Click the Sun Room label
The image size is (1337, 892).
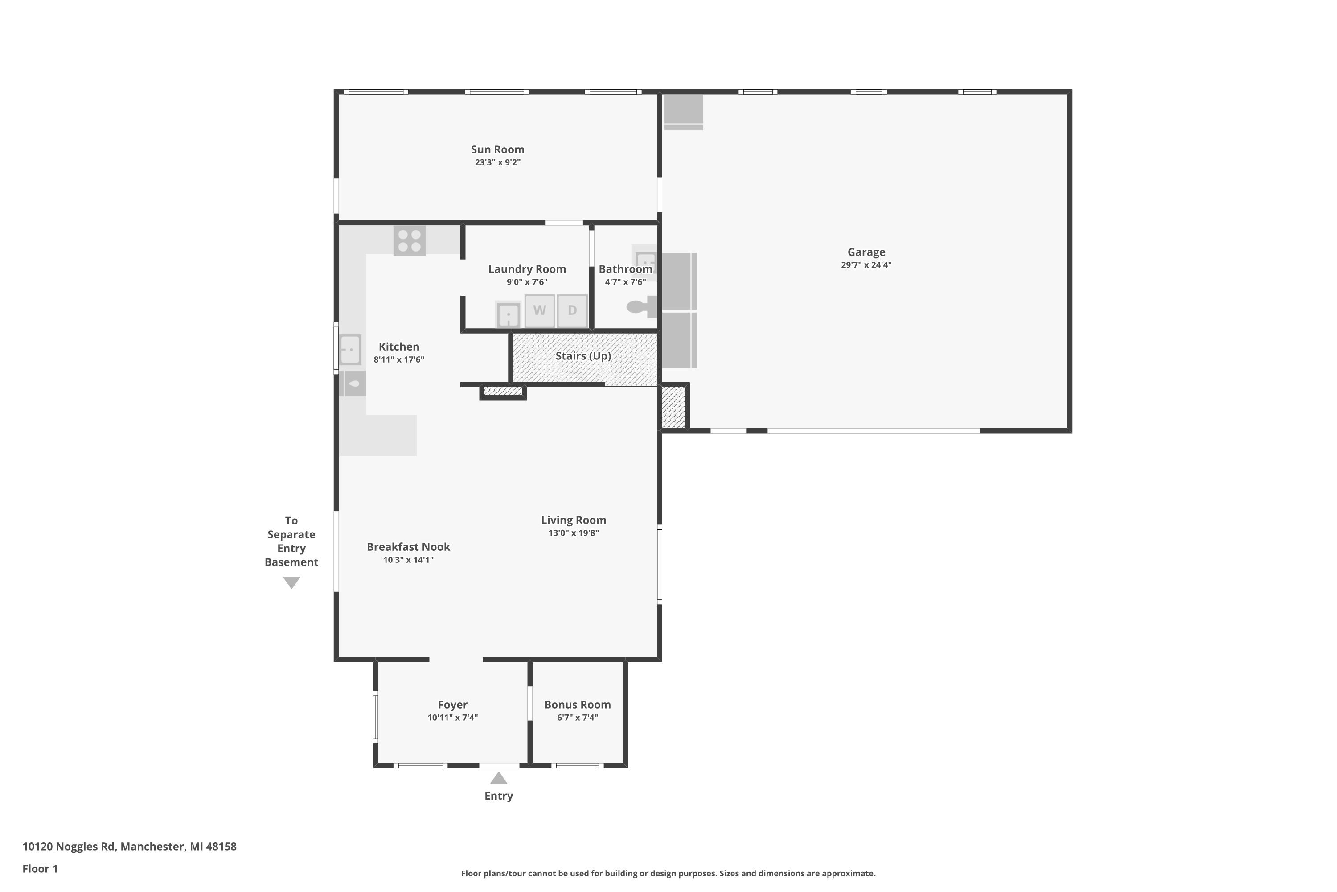click(x=497, y=149)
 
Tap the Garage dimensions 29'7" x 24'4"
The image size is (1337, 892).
click(x=866, y=264)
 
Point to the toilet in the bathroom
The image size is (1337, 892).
click(x=642, y=307)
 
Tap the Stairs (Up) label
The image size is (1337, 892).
click(x=583, y=356)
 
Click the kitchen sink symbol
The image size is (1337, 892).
click(x=350, y=349)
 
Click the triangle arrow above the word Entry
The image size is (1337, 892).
click(x=499, y=778)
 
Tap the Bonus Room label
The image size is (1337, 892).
click(x=578, y=705)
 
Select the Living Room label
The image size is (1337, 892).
click(x=574, y=520)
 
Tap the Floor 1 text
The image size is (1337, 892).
click(x=41, y=869)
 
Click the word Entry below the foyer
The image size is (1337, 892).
click(x=499, y=797)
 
